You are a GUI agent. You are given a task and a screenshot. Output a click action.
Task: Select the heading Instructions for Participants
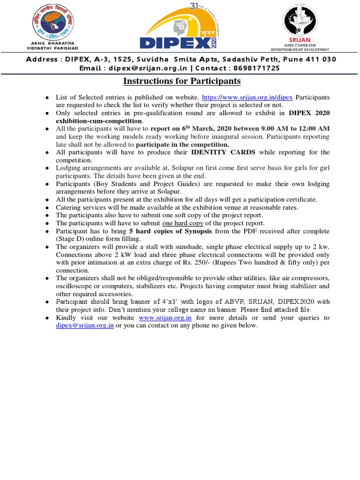(x=181, y=81)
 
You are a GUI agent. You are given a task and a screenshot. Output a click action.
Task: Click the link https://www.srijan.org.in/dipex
(x=247, y=97)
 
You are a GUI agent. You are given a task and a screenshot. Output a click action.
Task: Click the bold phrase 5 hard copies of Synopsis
(x=170, y=232)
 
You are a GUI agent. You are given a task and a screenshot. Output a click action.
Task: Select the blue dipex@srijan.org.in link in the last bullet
(x=84, y=325)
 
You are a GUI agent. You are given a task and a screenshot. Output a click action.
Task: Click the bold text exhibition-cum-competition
(x=99, y=120)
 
